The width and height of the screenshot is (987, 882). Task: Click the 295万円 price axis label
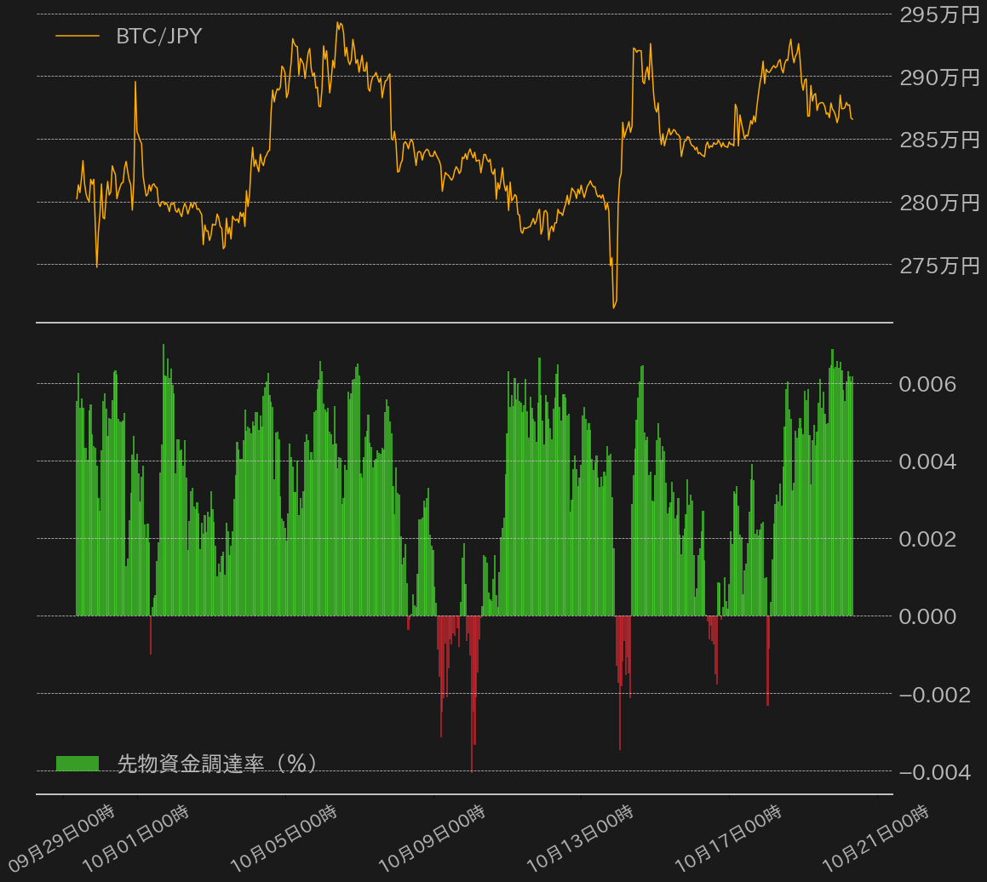coord(939,14)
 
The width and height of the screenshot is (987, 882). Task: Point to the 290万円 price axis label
coord(939,77)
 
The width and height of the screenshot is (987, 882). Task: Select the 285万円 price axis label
coord(939,140)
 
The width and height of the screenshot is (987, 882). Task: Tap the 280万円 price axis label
coord(939,203)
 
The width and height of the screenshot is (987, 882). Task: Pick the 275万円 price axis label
coord(939,266)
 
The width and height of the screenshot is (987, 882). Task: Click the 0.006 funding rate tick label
coord(927,384)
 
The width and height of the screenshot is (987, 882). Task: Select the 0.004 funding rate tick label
coord(927,461)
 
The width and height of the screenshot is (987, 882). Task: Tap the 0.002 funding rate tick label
coord(927,539)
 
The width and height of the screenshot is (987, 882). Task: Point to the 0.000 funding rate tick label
coord(927,616)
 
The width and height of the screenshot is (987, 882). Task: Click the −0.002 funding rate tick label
coord(935,695)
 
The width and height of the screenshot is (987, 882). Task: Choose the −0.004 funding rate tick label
coord(935,772)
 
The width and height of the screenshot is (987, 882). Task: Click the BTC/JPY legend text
coord(159,37)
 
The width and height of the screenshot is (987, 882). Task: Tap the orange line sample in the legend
coord(77,36)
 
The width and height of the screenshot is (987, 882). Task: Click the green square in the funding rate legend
coord(77,763)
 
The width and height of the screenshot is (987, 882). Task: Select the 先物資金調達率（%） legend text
coord(216,763)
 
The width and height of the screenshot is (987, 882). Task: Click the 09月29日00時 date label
coord(62,838)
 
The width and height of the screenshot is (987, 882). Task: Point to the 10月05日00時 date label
coord(284,838)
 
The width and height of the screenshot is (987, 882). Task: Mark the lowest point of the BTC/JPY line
coord(614,307)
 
